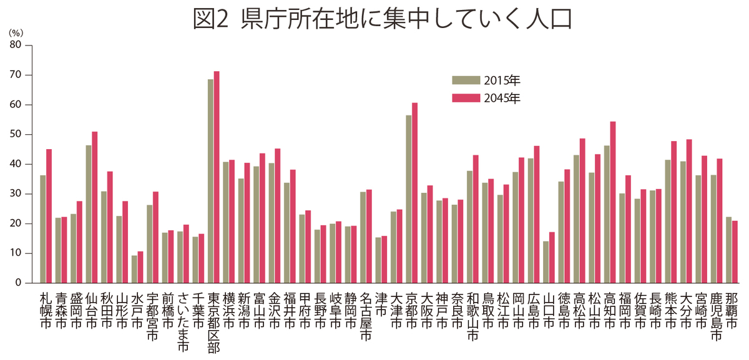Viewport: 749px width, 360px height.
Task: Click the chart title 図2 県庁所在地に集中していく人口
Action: click(383, 20)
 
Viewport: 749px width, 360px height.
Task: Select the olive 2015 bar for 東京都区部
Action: click(210, 182)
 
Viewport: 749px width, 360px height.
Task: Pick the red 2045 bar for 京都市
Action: click(415, 193)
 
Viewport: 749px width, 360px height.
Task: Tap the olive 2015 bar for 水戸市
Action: click(134, 269)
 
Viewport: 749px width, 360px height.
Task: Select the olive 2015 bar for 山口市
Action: click(546, 262)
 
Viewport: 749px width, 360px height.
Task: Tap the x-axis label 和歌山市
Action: click(472, 316)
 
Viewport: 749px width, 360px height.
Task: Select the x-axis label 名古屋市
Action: click(366, 316)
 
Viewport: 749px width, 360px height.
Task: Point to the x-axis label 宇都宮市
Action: click(152, 316)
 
